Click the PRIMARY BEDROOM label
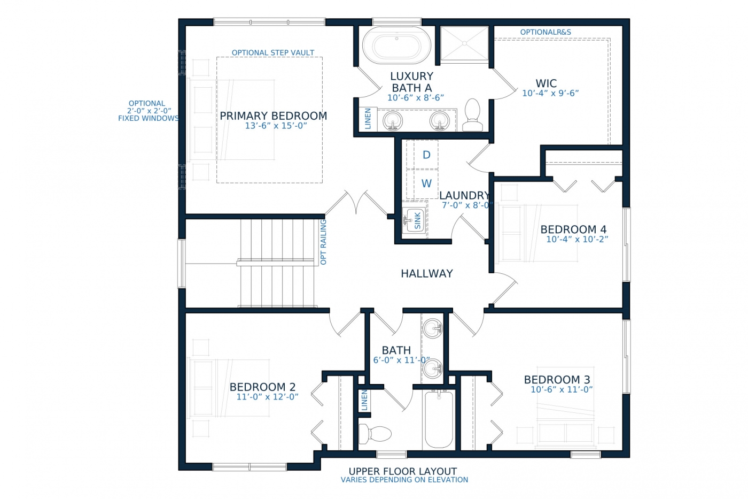(x=273, y=116)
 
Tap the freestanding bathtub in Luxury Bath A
(x=396, y=45)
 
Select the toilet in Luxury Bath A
(x=472, y=114)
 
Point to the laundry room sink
(x=414, y=220)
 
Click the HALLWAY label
(x=427, y=274)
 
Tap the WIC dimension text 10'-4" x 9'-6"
(x=550, y=93)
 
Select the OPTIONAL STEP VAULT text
(x=273, y=53)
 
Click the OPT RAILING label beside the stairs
(x=323, y=242)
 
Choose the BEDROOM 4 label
(x=573, y=229)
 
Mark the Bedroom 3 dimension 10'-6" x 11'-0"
(x=562, y=390)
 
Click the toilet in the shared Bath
(x=375, y=434)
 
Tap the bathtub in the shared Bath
(x=439, y=419)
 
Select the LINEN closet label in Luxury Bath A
(x=368, y=119)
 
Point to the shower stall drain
(x=464, y=43)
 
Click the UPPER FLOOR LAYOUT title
(x=403, y=471)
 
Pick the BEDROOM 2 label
(x=262, y=387)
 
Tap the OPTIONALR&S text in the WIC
(x=546, y=32)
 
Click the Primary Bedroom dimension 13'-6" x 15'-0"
(x=276, y=126)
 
